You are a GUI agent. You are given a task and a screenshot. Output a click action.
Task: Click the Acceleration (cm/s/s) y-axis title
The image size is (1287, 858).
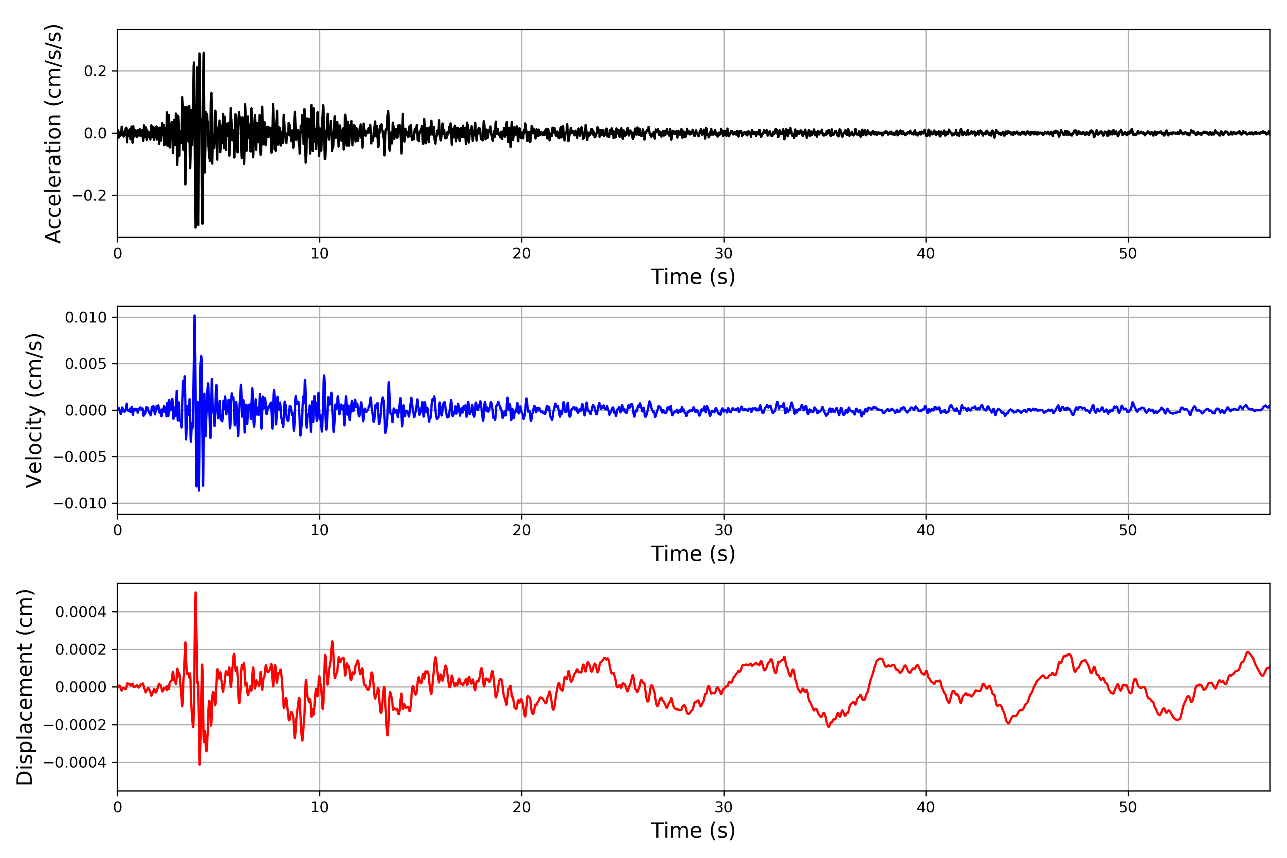pyautogui.click(x=54, y=133)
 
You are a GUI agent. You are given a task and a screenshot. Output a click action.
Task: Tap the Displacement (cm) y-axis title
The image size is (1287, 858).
pyautogui.click(x=25, y=687)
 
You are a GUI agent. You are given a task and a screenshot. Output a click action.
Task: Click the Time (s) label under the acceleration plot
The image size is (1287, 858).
pyautogui.click(x=693, y=277)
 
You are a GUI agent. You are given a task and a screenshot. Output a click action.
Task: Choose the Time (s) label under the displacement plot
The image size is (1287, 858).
pyautogui.click(x=693, y=830)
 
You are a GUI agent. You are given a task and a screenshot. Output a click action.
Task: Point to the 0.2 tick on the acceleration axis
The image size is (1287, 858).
pyautogui.click(x=95, y=71)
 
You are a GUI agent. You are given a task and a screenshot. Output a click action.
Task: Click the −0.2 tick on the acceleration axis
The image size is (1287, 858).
pyautogui.click(x=89, y=195)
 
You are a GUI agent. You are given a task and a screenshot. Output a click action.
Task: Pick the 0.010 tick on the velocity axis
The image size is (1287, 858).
pyautogui.click(x=85, y=317)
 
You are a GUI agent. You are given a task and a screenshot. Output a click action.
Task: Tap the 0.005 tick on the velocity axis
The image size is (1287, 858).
pyautogui.click(x=85, y=364)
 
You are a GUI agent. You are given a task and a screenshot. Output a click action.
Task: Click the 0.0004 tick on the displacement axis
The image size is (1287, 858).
pyautogui.click(x=80, y=612)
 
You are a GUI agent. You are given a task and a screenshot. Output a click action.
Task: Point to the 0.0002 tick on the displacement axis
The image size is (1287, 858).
pyautogui.click(x=80, y=650)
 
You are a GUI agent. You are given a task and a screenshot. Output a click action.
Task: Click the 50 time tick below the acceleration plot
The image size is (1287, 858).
pyautogui.click(x=1128, y=254)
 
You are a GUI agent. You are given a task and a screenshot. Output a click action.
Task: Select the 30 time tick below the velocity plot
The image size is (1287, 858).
pyautogui.click(x=723, y=530)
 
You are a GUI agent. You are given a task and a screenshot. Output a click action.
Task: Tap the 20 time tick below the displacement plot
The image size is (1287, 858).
pyautogui.click(x=522, y=807)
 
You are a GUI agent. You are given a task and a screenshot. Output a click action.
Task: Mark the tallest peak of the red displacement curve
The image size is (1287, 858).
pyautogui.click(x=195, y=593)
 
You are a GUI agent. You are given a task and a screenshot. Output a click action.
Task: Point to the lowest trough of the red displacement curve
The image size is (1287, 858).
pyautogui.click(x=200, y=764)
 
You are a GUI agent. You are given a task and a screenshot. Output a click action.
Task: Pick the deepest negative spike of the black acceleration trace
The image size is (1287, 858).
pyautogui.click(x=195, y=227)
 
